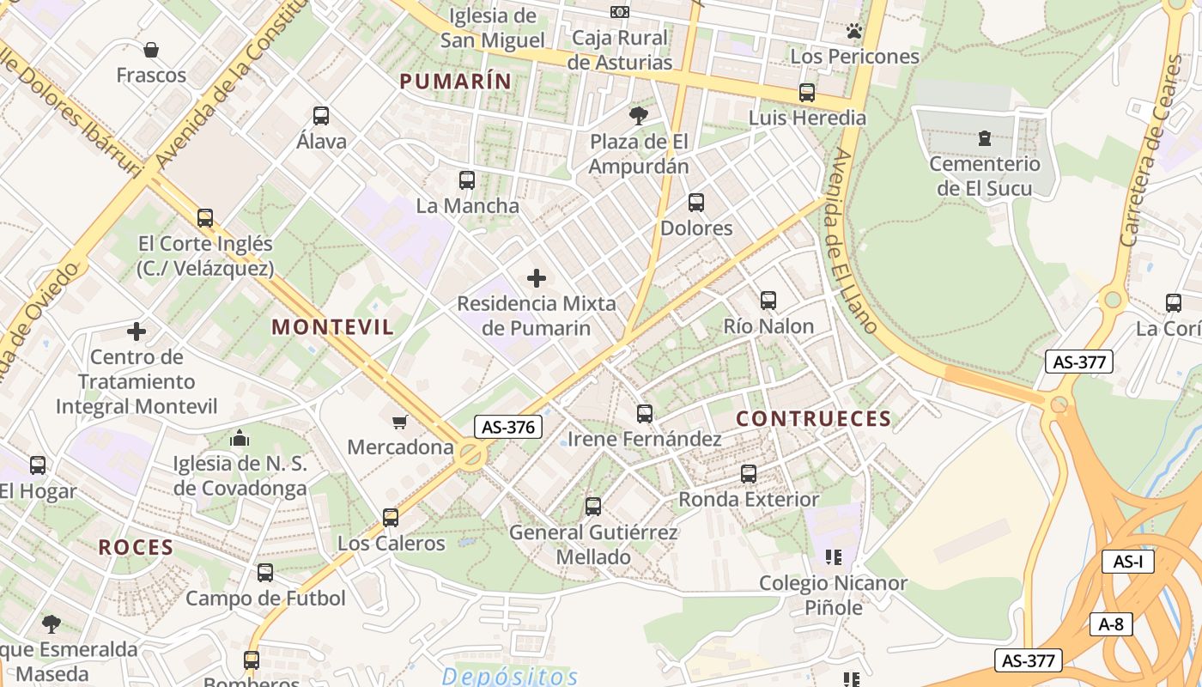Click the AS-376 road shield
[x=508, y=427]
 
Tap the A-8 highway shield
[x=1111, y=624]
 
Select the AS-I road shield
[x=1127, y=562]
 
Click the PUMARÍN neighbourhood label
[x=455, y=82]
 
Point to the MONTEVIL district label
[x=333, y=327]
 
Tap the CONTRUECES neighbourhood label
[x=814, y=419]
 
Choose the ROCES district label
[x=136, y=548]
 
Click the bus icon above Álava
[x=321, y=115]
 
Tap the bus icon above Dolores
[x=696, y=203]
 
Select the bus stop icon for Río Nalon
[x=768, y=301]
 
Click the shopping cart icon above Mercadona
[x=399, y=422]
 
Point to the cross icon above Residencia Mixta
[x=537, y=278]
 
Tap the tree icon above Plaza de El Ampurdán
[x=639, y=115]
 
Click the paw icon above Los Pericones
[x=853, y=32]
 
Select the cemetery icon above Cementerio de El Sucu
[x=985, y=137]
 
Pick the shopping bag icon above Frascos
[x=151, y=50]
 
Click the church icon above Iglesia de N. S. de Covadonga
[x=240, y=438]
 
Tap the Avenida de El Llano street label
[x=853, y=240]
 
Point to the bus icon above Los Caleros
[x=391, y=517]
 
